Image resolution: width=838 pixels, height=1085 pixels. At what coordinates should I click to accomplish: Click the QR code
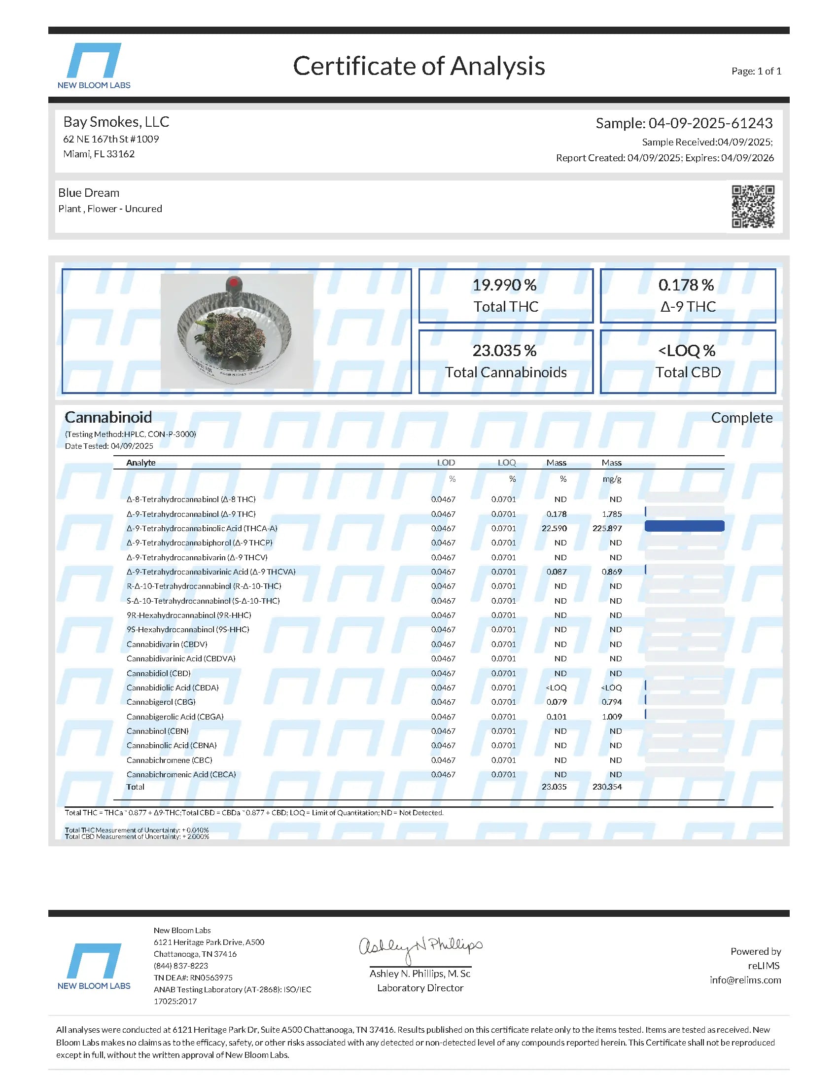(753, 207)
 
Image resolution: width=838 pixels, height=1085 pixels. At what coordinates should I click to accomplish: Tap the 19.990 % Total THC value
(504, 285)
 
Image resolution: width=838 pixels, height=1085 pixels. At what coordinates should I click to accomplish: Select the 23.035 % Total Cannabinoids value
(504, 351)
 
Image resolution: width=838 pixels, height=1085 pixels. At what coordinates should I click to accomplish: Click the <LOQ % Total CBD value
(687, 351)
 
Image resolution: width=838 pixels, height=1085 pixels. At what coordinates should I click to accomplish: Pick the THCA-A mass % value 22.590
(554, 528)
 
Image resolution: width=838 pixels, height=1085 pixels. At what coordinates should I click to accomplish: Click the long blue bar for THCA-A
(684, 526)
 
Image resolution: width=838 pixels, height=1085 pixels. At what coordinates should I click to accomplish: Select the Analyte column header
(141, 463)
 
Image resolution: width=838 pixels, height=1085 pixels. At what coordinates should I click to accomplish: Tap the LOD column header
(446, 463)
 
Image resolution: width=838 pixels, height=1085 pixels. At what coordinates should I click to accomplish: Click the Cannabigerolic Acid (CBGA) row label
(175, 717)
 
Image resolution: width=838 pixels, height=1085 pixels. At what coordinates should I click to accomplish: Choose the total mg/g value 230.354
(607, 787)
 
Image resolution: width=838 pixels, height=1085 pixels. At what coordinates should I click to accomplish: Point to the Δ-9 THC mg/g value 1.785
(612, 514)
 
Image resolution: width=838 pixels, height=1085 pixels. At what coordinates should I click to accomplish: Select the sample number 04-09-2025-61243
(710, 123)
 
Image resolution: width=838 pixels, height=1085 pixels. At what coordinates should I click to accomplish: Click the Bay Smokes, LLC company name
(116, 122)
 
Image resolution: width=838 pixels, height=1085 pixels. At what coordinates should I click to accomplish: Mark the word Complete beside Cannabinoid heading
(741, 418)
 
